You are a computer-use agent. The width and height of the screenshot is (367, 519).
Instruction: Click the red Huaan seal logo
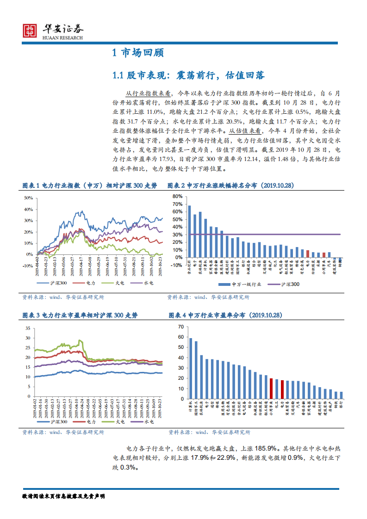click(30, 31)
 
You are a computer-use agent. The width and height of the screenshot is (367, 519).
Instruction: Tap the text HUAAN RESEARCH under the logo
click(62, 38)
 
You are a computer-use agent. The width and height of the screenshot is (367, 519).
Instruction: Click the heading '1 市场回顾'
click(138, 53)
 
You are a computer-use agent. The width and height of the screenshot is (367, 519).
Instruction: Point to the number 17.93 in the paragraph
click(134, 160)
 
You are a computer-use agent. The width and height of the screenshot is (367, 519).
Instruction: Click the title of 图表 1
click(89, 185)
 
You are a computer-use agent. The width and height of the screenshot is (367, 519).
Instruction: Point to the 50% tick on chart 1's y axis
click(28, 198)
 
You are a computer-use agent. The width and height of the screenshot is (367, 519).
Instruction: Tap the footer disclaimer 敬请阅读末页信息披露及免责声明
click(63, 496)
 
